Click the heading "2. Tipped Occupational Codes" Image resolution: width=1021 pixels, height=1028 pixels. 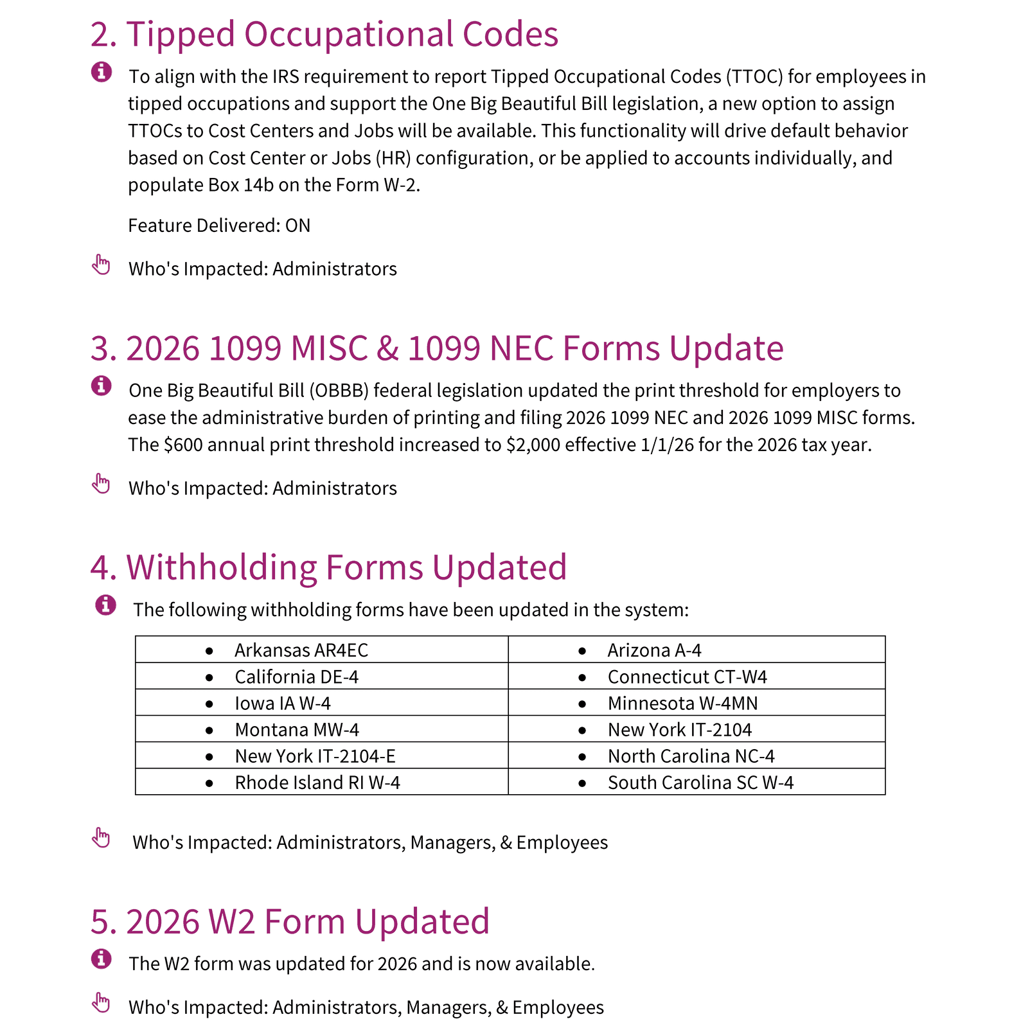(324, 34)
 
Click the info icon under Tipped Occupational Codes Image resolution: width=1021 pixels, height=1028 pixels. (102, 72)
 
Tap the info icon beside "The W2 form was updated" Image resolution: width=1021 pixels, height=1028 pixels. (102, 959)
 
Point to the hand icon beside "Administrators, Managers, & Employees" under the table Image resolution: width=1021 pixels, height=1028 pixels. (102, 838)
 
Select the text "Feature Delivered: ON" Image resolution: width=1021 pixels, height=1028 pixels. (219, 226)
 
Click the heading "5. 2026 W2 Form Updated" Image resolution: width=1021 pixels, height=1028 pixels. (290, 921)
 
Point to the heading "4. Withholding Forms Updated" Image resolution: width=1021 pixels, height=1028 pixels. (328, 567)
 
